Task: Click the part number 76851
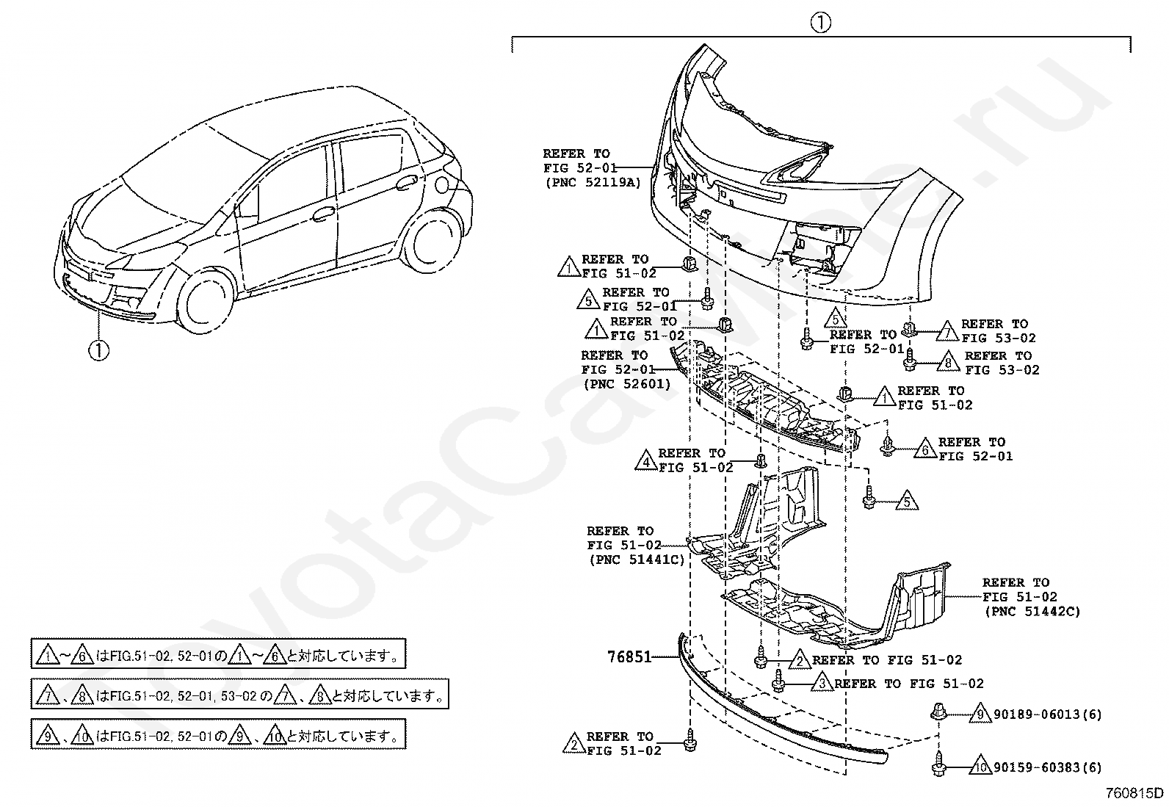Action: (629, 656)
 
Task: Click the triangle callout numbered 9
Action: (979, 713)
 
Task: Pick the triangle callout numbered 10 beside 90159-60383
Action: (980, 767)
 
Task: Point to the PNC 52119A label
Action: (593, 183)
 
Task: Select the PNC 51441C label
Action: (636, 560)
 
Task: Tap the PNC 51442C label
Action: (1032, 611)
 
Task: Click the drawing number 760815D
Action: (1136, 793)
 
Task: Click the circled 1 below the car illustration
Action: (98, 350)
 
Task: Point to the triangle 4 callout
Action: (646, 460)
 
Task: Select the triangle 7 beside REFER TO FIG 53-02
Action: (948, 331)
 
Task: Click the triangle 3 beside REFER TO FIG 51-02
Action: (822, 684)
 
